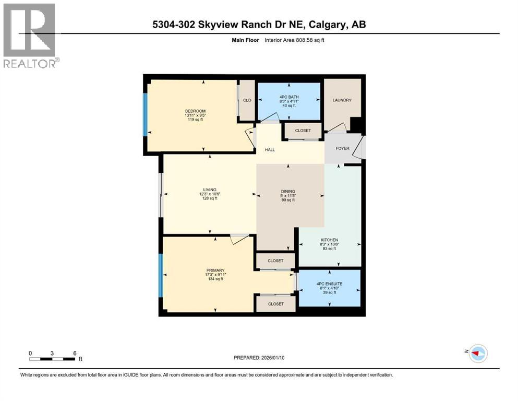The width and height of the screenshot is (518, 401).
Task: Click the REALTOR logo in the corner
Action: [x=30, y=36]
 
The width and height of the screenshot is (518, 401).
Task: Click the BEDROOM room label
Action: [x=195, y=111]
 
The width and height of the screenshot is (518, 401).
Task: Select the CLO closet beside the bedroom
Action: [x=247, y=100]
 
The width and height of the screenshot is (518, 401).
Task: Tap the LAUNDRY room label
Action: [x=342, y=100]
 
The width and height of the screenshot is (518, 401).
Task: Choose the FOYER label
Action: [x=342, y=148]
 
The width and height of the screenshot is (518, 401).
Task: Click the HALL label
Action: [x=269, y=150]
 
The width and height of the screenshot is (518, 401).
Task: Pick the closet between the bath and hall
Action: [x=303, y=131]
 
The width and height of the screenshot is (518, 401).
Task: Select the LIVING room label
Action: [x=210, y=190]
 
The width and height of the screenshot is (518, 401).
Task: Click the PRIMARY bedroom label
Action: [x=215, y=270]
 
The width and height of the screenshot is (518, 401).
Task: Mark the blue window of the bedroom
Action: [x=145, y=115]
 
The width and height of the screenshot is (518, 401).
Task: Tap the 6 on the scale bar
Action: [x=75, y=353]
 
